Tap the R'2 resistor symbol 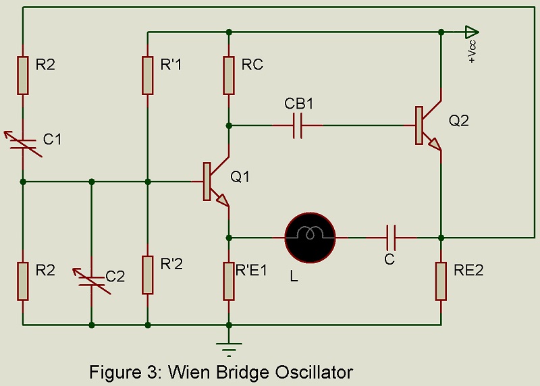pyautogui.click(x=148, y=274)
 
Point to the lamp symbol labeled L pyautogui.click(x=310, y=237)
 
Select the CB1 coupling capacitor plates pyautogui.click(x=297, y=125)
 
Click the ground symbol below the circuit pyautogui.click(x=229, y=347)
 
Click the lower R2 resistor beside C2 pyautogui.click(x=23, y=281)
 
